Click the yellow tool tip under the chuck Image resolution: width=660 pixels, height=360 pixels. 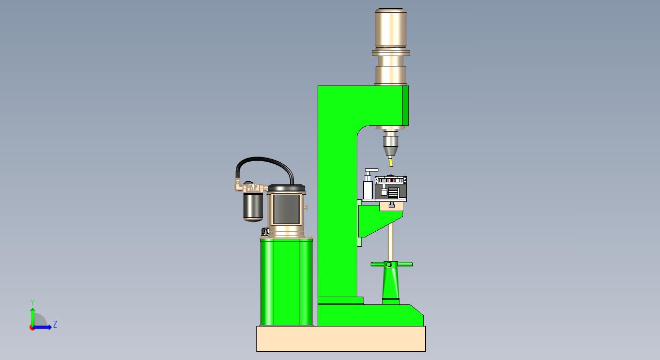pyautogui.click(x=391, y=163)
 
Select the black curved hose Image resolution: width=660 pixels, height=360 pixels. pyautogui.click(x=265, y=159)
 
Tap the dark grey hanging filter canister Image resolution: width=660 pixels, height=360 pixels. pyautogui.click(x=253, y=207)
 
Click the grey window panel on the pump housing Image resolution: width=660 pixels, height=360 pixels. pyautogui.click(x=286, y=209)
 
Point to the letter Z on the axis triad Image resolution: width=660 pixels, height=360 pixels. pyautogui.click(x=55, y=324)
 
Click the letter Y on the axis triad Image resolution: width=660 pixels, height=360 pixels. pyautogui.click(x=32, y=302)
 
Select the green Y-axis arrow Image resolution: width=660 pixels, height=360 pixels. pyautogui.click(x=32, y=317)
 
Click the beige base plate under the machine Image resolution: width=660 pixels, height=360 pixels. pyautogui.click(x=341, y=338)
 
